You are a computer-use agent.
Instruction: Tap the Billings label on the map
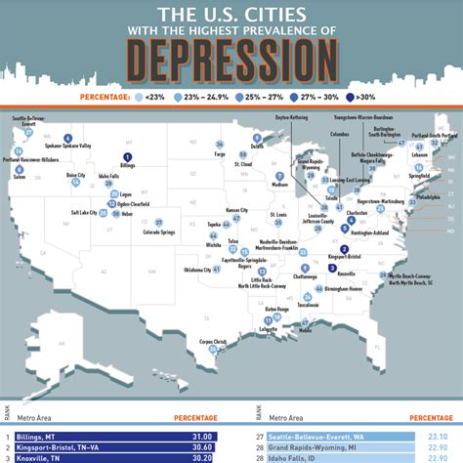pos(127,167)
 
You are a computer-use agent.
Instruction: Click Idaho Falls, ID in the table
pos(295,456)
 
